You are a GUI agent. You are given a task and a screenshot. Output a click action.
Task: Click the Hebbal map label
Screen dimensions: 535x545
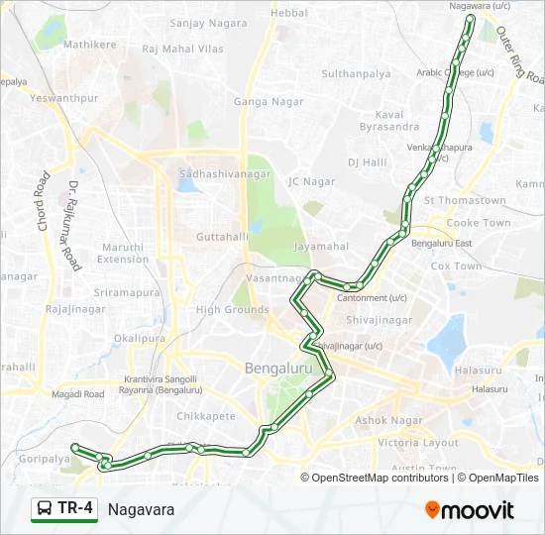pyautogui.click(x=289, y=13)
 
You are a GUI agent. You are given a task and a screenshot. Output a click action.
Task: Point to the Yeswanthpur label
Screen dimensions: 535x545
pyautogui.click(x=63, y=99)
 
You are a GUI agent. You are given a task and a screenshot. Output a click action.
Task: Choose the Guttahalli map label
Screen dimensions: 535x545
pyautogui.click(x=222, y=237)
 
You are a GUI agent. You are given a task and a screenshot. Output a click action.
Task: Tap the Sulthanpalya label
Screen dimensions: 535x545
pyautogui.click(x=356, y=74)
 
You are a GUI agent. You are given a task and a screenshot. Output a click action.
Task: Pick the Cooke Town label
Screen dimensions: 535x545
pyautogui.click(x=479, y=223)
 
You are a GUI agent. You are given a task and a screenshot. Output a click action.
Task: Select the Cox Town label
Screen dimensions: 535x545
pyautogui.click(x=456, y=267)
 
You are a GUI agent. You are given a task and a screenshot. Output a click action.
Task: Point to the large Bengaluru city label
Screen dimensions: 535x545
pyautogui.click(x=285, y=369)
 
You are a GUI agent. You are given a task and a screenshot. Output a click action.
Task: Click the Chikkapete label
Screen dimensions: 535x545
pyautogui.click(x=206, y=416)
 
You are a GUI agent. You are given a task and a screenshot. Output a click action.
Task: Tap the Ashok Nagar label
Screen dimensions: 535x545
pyautogui.click(x=393, y=420)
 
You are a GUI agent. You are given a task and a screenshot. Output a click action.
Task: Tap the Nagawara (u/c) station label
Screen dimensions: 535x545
pyautogui.click(x=480, y=6)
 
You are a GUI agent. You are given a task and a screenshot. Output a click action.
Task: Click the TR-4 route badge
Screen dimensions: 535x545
pyautogui.click(x=65, y=509)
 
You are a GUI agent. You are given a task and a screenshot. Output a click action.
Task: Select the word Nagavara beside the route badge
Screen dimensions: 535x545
pyautogui.click(x=141, y=509)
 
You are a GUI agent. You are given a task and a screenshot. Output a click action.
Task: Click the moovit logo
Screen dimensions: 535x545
pyautogui.click(x=470, y=510)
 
